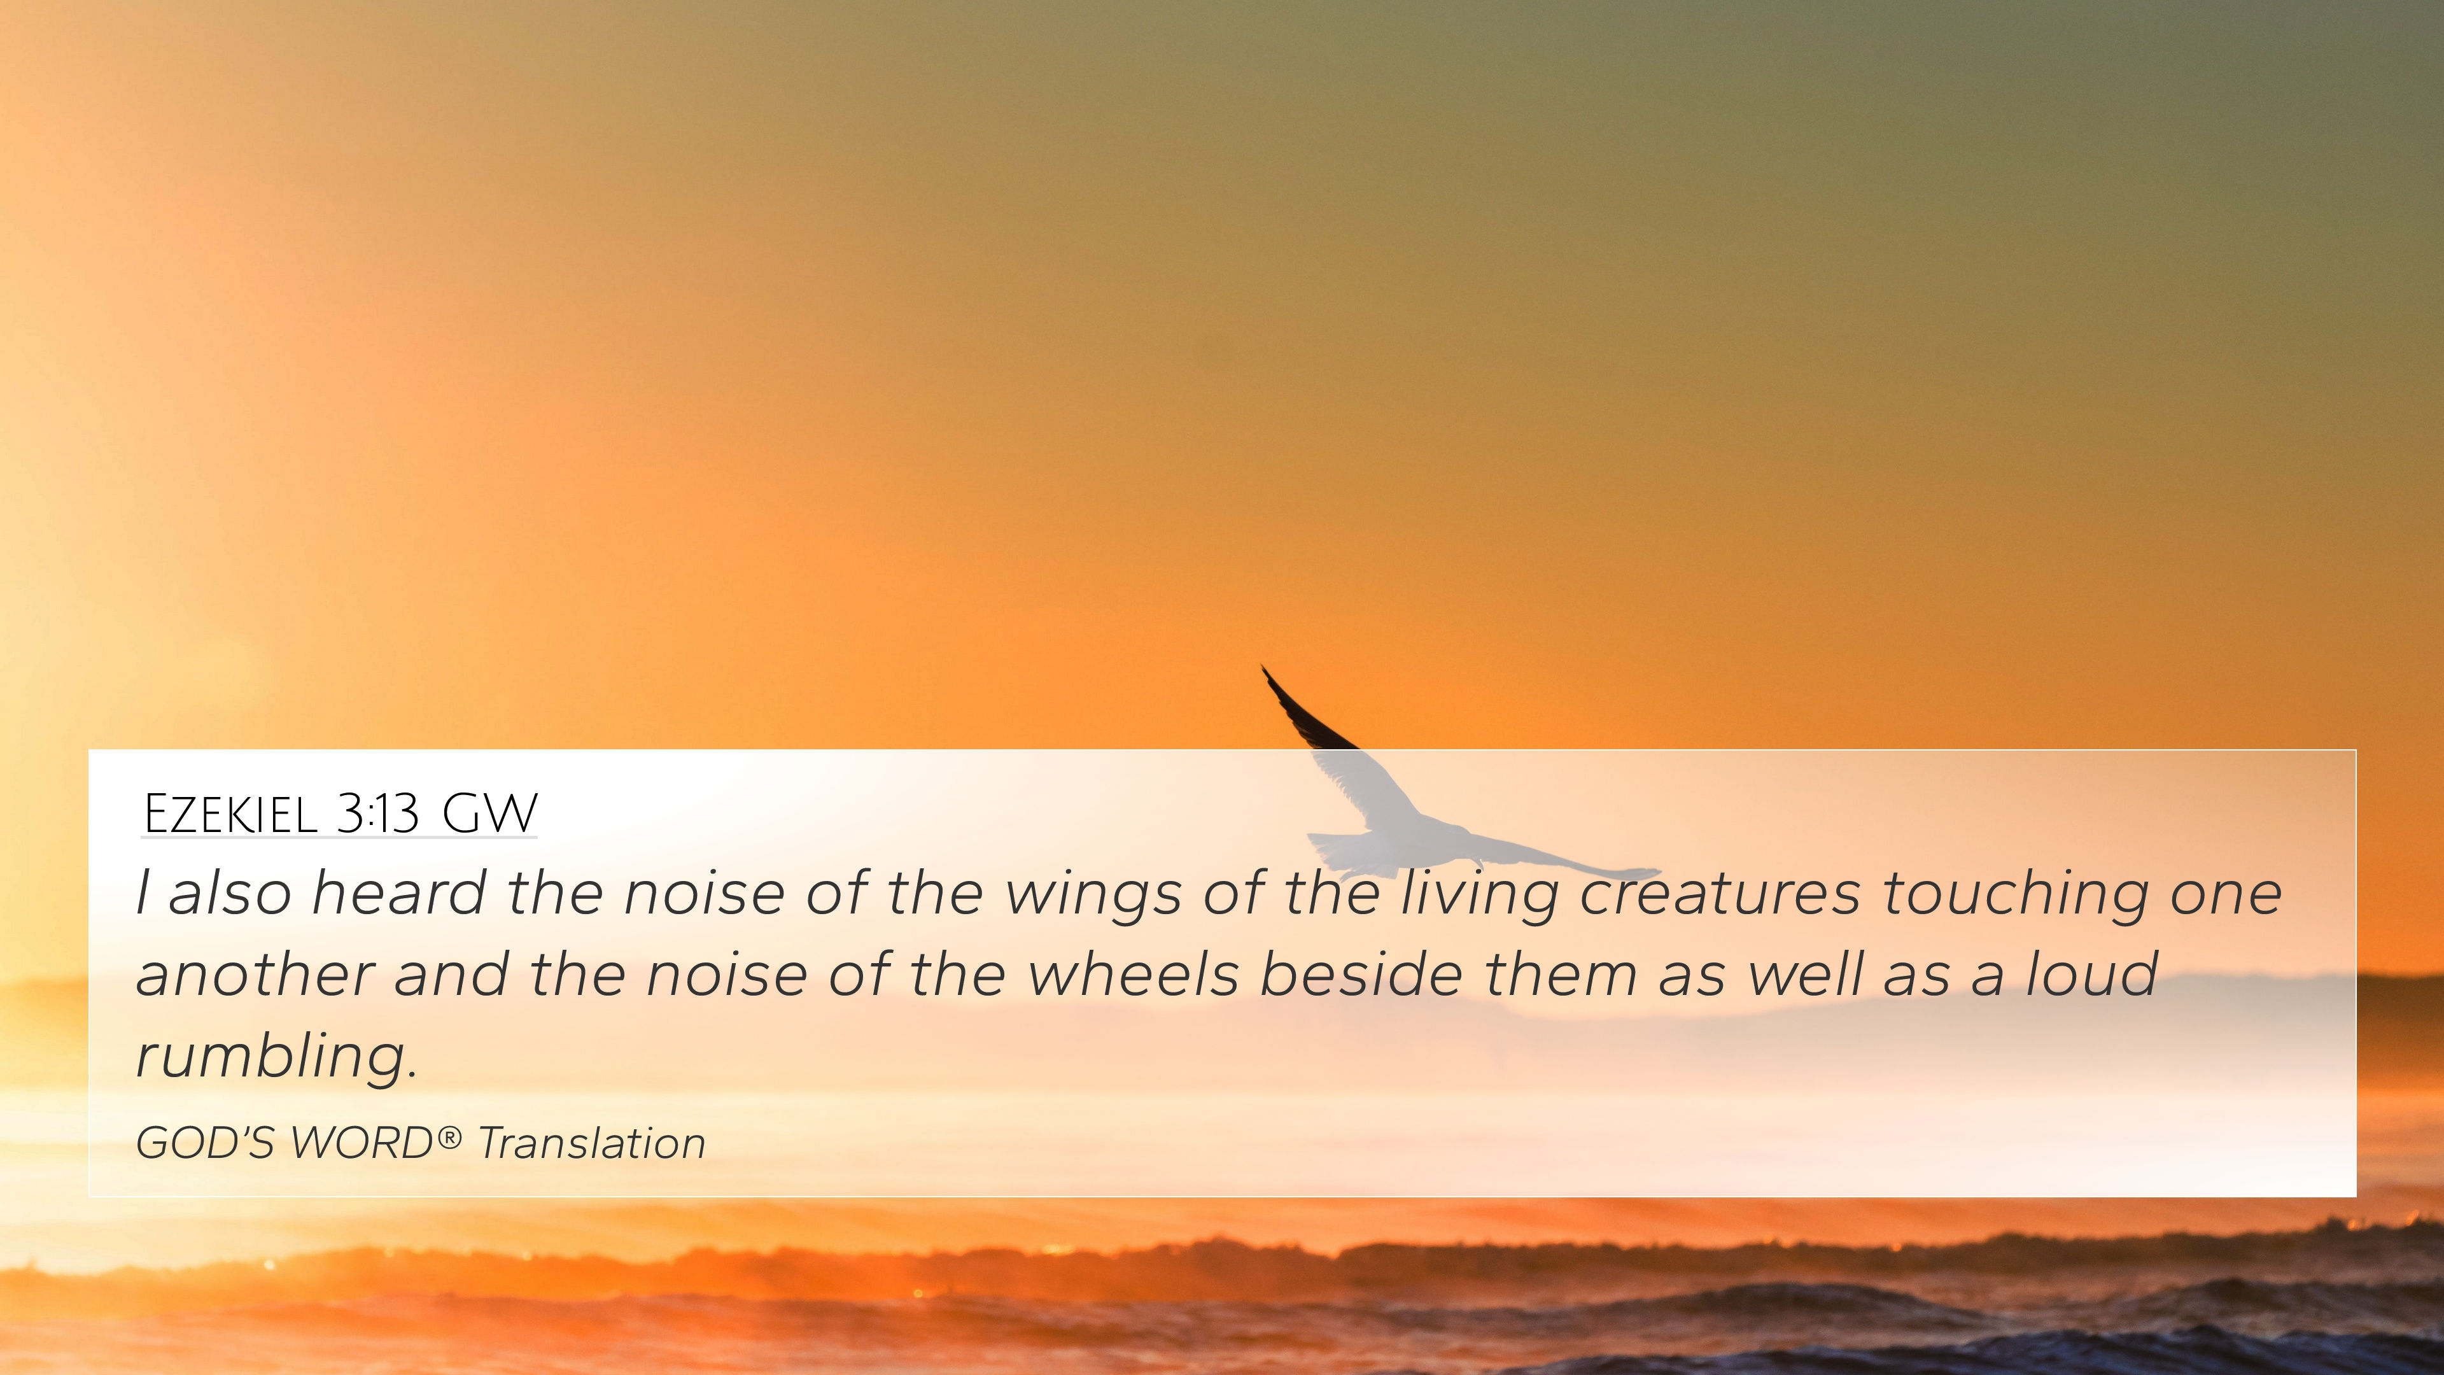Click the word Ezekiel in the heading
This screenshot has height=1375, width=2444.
tap(230, 814)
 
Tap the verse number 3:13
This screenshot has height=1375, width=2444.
tap(377, 814)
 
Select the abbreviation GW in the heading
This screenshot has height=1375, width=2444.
tap(489, 814)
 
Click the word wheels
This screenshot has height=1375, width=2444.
tap(1134, 975)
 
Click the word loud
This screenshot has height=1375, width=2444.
tap(2092, 975)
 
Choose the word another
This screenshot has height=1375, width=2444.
tap(255, 975)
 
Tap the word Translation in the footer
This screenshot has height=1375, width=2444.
tap(592, 1143)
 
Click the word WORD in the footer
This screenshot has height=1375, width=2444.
tap(362, 1143)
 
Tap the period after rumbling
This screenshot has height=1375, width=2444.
tap(412, 1076)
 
